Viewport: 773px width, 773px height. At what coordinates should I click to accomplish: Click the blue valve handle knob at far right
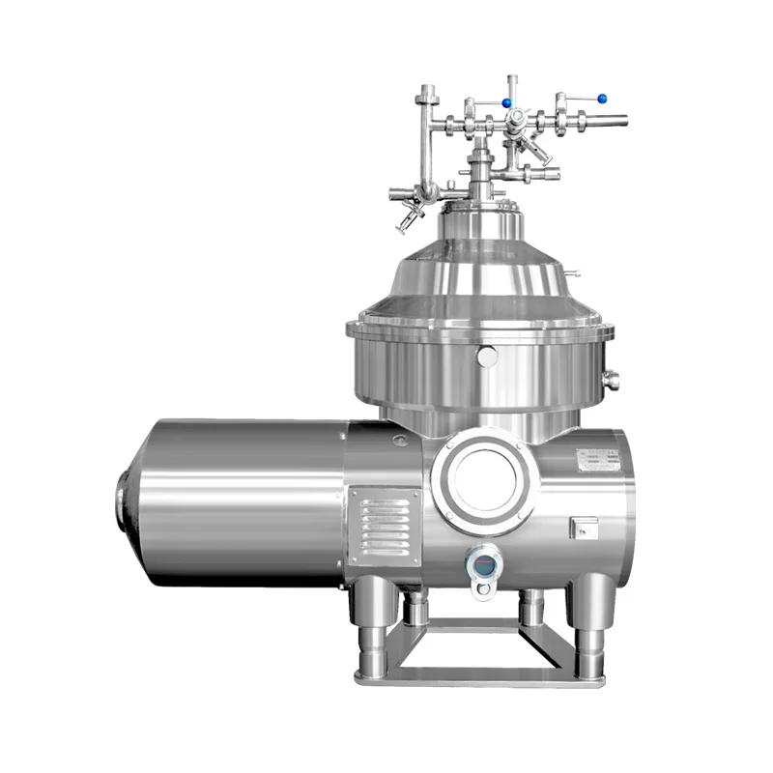click(602, 98)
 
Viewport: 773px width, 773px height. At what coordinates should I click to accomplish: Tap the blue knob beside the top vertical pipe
click(506, 101)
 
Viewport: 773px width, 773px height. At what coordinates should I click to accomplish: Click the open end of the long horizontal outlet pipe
click(623, 121)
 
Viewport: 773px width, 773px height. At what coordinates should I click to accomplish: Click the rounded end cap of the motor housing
click(124, 501)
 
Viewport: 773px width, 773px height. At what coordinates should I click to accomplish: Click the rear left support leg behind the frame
click(416, 609)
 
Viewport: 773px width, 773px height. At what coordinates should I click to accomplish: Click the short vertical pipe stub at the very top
click(514, 84)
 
